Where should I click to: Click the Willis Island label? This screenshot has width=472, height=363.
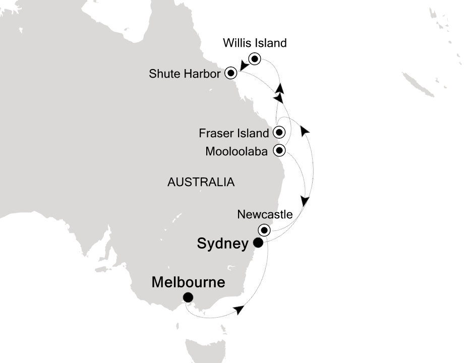pyautogui.click(x=255, y=43)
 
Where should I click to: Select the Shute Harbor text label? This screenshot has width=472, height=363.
pyautogui.click(x=185, y=74)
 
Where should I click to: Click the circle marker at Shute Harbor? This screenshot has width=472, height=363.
pyautogui.click(x=231, y=73)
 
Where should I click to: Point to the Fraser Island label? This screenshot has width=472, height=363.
pyautogui.click(x=233, y=134)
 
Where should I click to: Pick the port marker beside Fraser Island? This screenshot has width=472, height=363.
pyautogui.click(x=279, y=133)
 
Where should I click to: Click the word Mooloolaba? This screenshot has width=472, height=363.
pyautogui.click(x=237, y=151)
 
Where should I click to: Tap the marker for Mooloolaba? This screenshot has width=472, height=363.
pyautogui.click(x=279, y=150)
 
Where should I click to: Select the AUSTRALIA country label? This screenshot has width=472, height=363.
pyautogui.click(x=201, y=182)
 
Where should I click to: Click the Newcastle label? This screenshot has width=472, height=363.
pyautogui.click(x=265, y=214)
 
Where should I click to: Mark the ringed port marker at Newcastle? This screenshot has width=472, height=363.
pyautogui.click(x=264, y=230)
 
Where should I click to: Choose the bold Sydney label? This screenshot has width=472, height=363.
pyautogui.click(x=223, y=244)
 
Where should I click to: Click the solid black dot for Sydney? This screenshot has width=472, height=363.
pyautogui.click(x=258, y=243)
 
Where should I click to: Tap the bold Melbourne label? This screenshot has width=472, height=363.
pyautogui.click(x=188, y=282)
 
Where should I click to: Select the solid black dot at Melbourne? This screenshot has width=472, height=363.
pyautogui.click(x=188, y=297)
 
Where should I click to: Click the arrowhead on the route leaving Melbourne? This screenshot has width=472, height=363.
pyautogui.click(x=239, y=309)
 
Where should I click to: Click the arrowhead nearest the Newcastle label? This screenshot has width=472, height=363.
pyautogui.click(x=305, y=200)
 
